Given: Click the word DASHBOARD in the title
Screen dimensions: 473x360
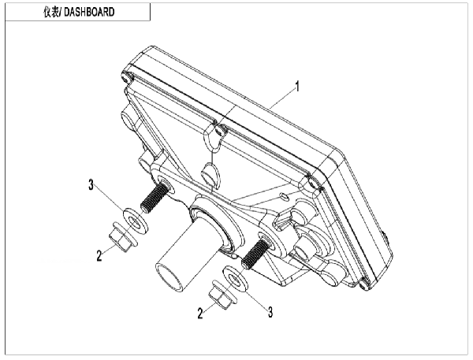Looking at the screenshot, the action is click(89, 12).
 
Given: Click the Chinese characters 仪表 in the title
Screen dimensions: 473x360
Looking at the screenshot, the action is click(51, 12).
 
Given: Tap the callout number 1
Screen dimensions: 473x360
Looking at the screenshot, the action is click(297, 87).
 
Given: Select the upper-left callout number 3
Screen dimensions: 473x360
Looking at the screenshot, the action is click(91, 184).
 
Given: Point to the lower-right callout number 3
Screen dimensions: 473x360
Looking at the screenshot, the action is click(270, 312).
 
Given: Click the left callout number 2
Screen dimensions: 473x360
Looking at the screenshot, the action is click(99, 256).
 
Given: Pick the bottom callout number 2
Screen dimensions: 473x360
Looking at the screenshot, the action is click(200, 314).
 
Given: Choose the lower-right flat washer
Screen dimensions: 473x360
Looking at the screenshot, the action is click(235, 279).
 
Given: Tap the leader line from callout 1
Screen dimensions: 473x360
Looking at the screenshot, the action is click(282, 98).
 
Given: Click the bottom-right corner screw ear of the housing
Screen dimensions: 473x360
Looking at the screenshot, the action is click(365, 284).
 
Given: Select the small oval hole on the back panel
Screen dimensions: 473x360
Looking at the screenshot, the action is click(285, 196).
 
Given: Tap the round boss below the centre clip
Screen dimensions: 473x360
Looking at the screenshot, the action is click(210, 174).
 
